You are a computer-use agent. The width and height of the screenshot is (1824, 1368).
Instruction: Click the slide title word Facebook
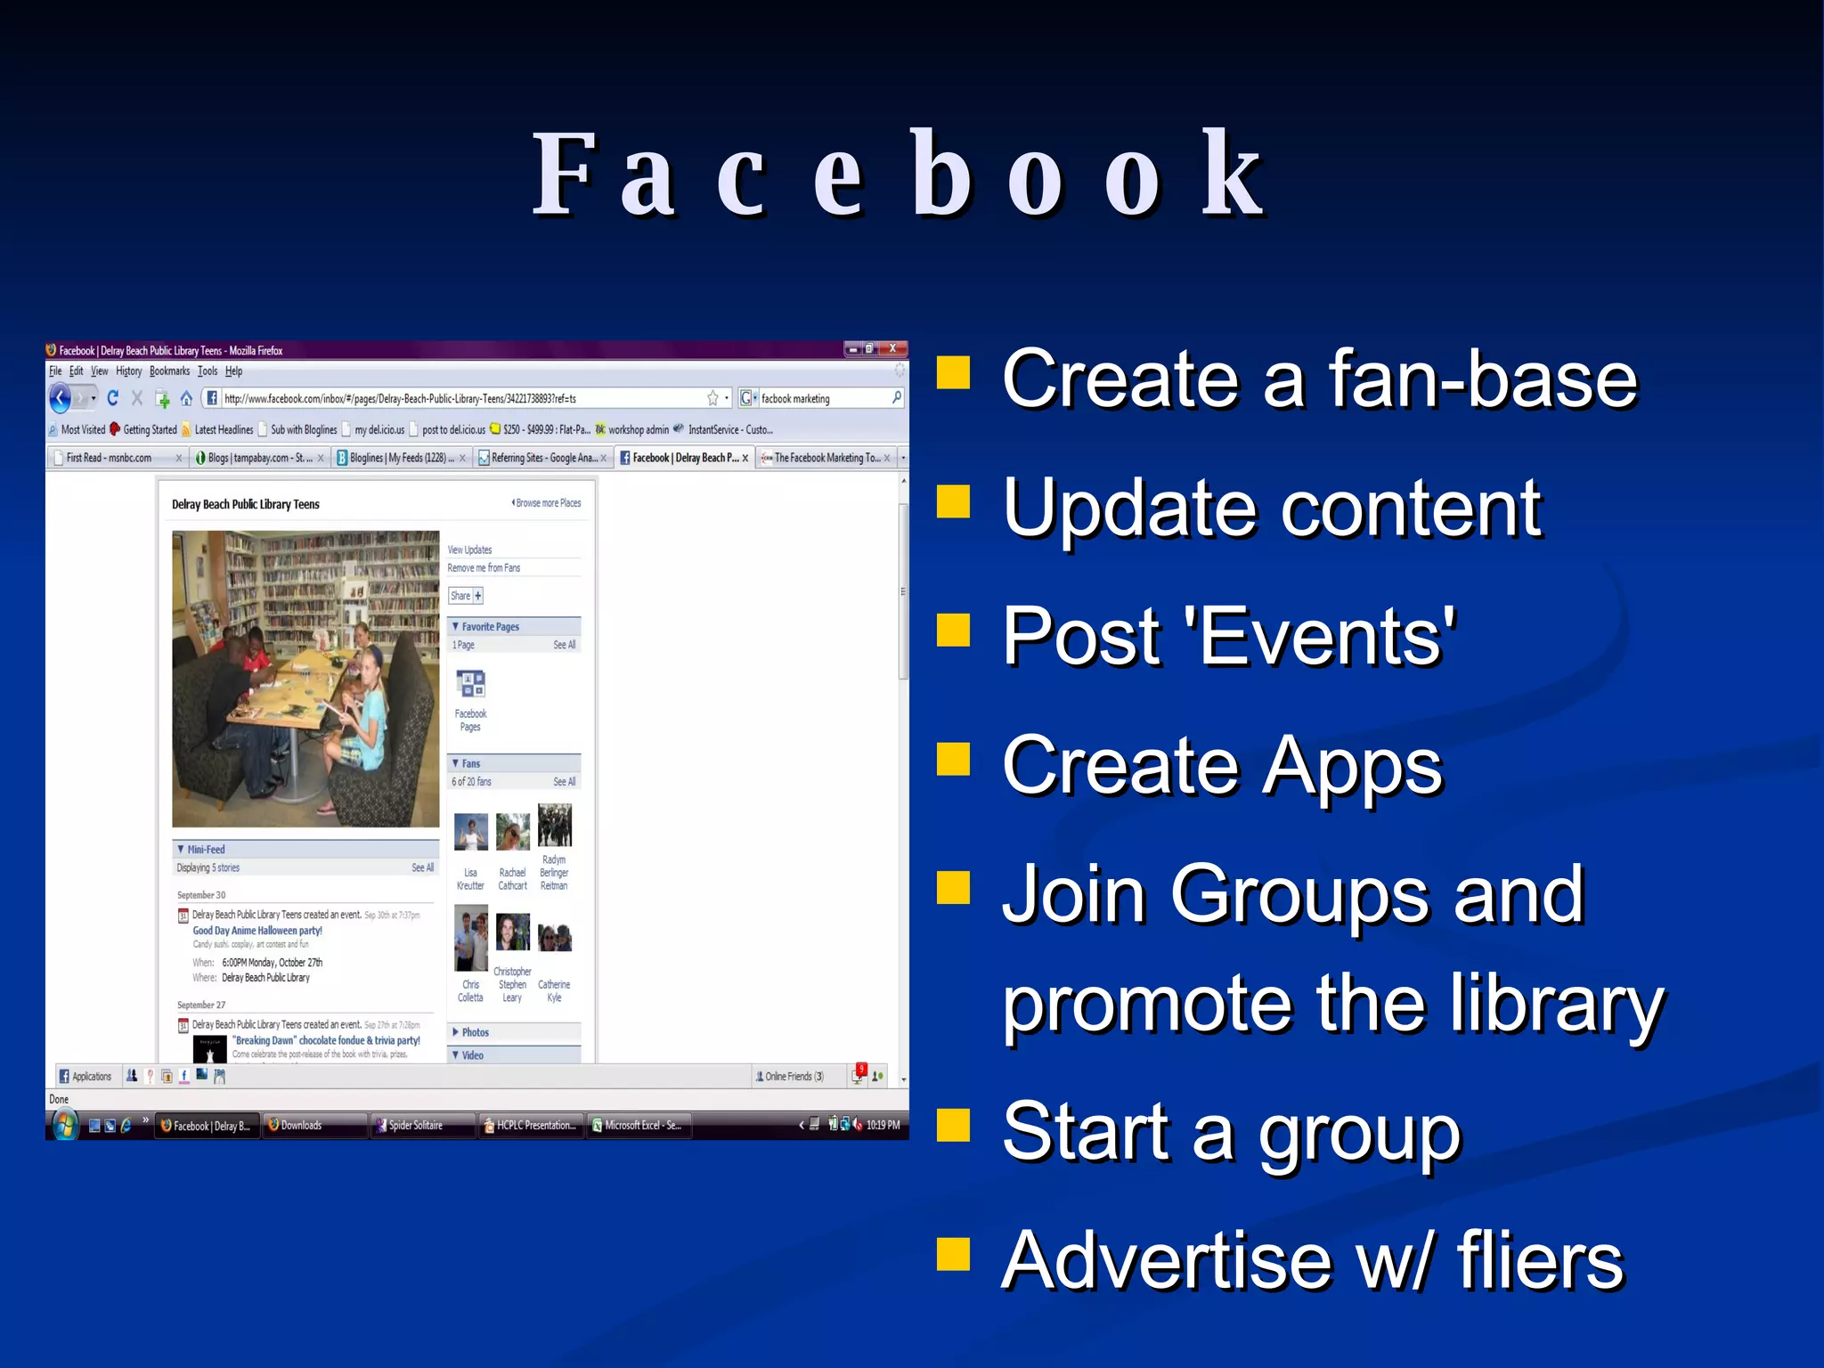click(898, 174)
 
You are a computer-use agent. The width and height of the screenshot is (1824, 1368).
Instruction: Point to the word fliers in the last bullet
click(1540, 1260)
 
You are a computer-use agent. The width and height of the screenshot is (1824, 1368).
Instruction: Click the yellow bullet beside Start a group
click(953, 1125)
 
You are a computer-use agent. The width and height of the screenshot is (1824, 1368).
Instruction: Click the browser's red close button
click(893, 349)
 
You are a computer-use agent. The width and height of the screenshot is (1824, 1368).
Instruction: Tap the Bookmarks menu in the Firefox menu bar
click(169, 371)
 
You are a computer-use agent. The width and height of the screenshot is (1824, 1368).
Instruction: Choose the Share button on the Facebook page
click(465, 596)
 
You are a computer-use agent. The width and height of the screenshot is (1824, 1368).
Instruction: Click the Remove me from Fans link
click(484, 568)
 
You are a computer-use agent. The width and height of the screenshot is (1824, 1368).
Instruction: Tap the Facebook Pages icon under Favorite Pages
click(470, 685)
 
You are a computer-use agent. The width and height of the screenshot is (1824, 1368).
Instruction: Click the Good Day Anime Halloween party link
click(257, 931)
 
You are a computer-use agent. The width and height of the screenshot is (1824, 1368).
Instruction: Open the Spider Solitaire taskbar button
click(414, 1126)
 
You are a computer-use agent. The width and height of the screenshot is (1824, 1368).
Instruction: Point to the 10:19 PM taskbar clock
click(883, 1126)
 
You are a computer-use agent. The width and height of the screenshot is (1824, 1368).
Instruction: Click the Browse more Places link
click(547, 503)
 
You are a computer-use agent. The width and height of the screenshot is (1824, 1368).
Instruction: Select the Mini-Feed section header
click(206, 850)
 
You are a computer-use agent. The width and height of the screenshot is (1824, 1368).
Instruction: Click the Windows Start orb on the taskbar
click(63, 1126)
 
